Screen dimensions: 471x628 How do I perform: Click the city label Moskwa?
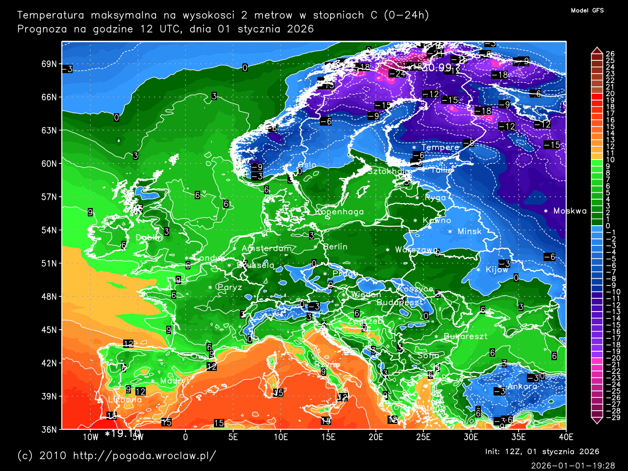click(x=570, y=211)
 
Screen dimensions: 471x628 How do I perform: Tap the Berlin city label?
click(x=336, y=247)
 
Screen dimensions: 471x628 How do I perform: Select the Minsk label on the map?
click(x=470, y=232)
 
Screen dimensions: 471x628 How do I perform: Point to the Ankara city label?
click(x=522, y=386)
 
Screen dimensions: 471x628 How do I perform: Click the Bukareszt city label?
click(x=466, y=337)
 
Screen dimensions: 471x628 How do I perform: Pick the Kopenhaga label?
click(x=340, y=212)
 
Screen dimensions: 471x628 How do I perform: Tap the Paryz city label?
click(x=230, y=288)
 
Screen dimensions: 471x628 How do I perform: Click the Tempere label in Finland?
click(x=440, y=147)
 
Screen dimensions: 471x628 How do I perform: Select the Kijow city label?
click(x=497, y=270)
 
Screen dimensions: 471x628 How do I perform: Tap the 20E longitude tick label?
click(x=375, y=437)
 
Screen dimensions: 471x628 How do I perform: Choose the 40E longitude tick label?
click(x=566, y=437)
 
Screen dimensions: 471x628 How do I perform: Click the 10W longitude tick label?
click(x=90, y=437)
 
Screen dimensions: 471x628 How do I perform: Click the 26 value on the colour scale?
click(x=610, y=54)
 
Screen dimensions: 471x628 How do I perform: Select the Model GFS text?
click(x=587, y=10)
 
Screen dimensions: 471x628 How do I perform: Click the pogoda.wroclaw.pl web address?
click(x=144, y=455)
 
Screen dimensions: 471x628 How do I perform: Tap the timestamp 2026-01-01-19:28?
click(x=573, y=465)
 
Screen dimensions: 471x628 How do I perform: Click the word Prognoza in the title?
click(x=42, y=29)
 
